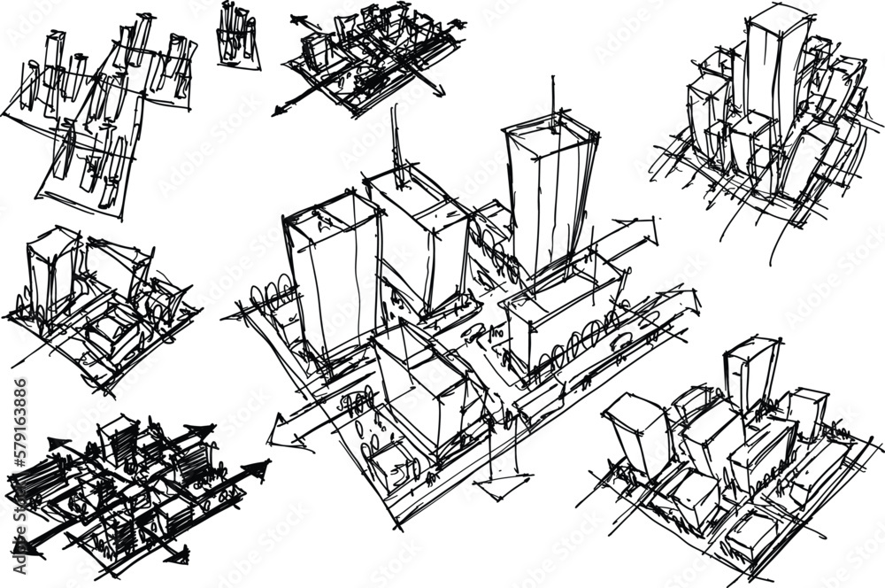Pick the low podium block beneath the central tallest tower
562,314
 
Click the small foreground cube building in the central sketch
389,460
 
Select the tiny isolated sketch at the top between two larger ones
238,35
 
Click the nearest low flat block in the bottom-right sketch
752,536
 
